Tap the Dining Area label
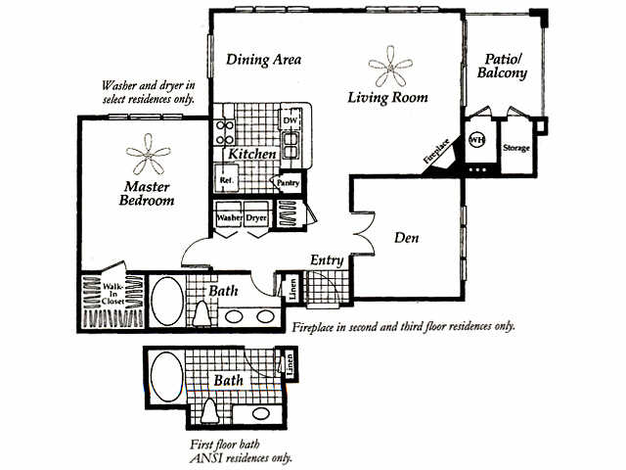click(x=263, y=60)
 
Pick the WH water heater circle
click(x=477, y=140)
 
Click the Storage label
click(x=515, y=148)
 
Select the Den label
click(x=407, y=237)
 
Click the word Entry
click(x=326, y=259)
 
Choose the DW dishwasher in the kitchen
click(x=290, y=120)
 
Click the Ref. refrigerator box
click(x=225, y=181)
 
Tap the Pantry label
click(x=287, y=182)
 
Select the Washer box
click(x=229, y=217)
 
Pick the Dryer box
click(x=256, y=217)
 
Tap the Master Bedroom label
click(x=149, y=193)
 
